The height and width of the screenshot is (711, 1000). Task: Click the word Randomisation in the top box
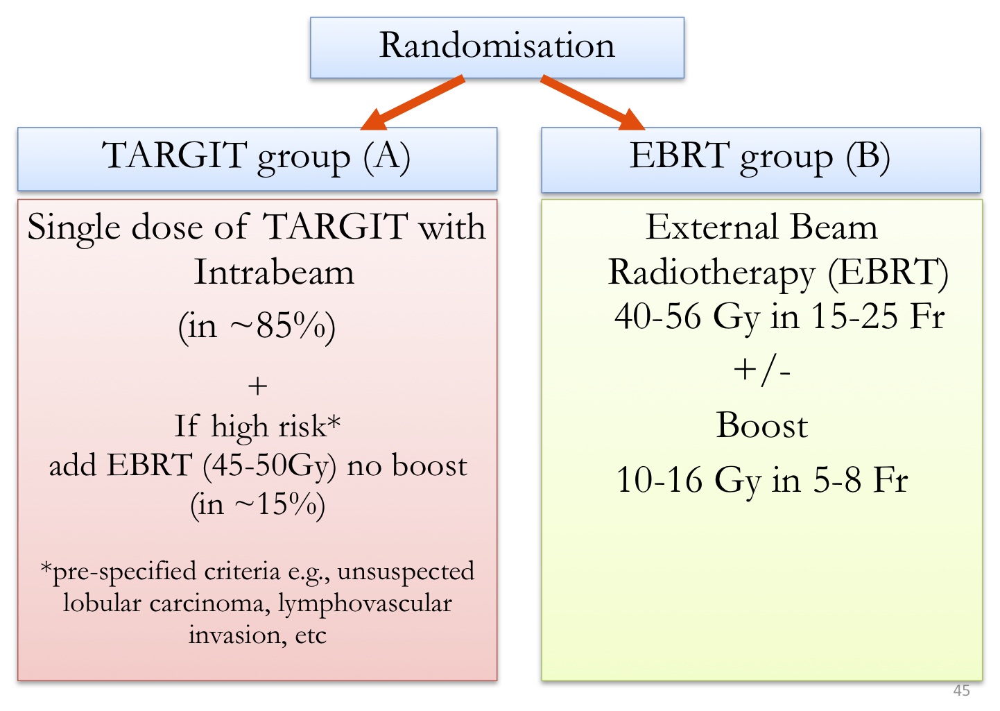pyautogui.click(x=497, y=46)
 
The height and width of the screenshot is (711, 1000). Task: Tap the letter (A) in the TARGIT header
pyautogui.click(x=387, y=156)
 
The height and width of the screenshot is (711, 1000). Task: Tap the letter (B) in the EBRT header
pyautogui.click(x=868, y=156)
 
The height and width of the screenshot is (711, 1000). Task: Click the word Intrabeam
pyautogui.click(x=274, y=272)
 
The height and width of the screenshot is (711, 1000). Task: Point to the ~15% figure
pyautogui.click(x=276, y=505)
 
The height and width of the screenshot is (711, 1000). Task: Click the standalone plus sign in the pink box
pyautogui.click(x=257, y=386)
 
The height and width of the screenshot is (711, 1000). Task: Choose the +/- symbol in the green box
pyautogui.click(x=761, y=370)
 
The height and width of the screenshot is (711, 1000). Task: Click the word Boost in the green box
pyautogui.click(x=761, y=425)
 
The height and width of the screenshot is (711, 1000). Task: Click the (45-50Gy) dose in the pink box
pyautogui.click(x=269, y=465)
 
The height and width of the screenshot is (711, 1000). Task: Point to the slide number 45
pyautogui.click(x=961, y=690)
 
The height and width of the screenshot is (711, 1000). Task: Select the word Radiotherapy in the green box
pyautogui.click(x=711, y=273)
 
